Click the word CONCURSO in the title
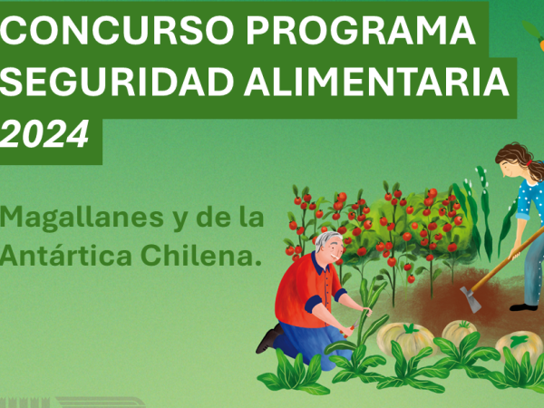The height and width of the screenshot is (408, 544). click(x=117, y=30)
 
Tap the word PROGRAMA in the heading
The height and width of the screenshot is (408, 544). click(x=361, y=30)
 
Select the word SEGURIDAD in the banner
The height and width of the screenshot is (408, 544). click(x=117, y=82)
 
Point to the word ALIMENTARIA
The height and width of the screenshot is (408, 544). click(x=376, y=82)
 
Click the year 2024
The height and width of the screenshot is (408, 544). click(x=44, y=134)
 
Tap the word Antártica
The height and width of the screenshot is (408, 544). click(x=66, y=255)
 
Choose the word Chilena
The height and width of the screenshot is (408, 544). click(x=201, y=255)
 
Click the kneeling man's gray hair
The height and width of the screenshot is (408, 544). click(x=326, y=239)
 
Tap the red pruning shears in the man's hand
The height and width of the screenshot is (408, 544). click(x=350, y=328)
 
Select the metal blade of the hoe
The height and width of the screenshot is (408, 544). click(x=471, y=299)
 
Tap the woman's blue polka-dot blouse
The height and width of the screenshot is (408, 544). click(x=530, y=201)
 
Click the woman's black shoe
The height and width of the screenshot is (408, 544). click(x=523, y=307)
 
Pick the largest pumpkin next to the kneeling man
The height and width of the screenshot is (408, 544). click(x=405, y=339)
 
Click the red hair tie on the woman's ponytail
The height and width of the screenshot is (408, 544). click(x=529, y=162)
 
